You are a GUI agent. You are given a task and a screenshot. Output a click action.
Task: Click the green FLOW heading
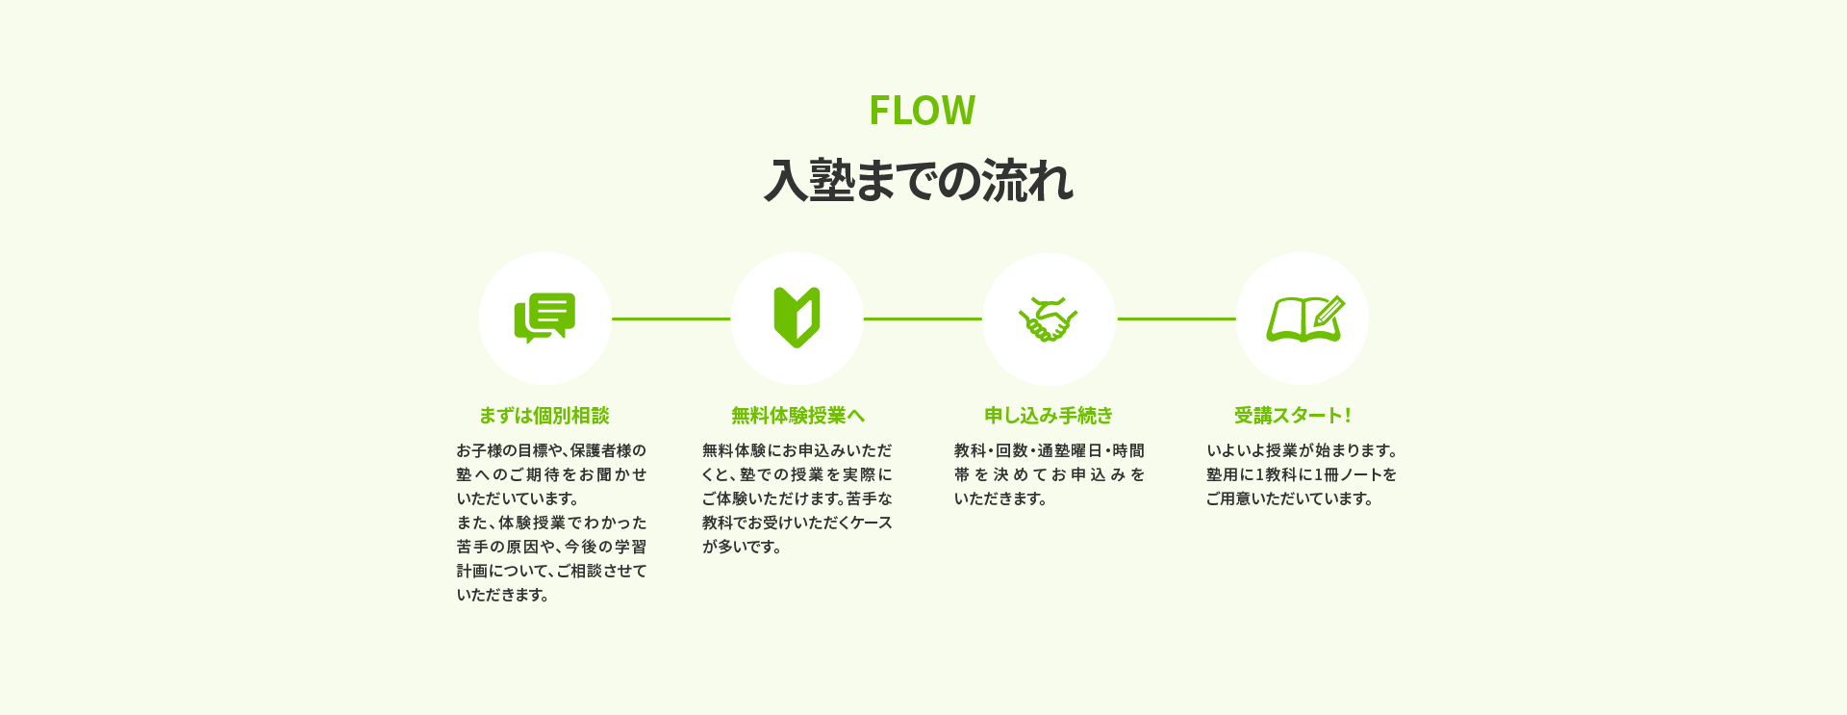922,110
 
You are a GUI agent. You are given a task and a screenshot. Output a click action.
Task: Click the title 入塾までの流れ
919,180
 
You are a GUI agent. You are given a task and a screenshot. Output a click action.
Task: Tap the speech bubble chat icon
544,318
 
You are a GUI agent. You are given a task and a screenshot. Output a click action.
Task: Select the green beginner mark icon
797,318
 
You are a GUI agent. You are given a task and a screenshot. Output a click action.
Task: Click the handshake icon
1049,319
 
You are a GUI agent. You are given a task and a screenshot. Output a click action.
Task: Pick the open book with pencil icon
1304,319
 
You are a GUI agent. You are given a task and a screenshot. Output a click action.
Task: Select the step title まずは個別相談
544,416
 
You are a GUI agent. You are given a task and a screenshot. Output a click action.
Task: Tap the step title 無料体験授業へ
797,416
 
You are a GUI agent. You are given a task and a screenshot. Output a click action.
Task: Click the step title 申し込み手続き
1049,416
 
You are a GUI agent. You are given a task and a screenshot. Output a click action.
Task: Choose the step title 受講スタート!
1293,416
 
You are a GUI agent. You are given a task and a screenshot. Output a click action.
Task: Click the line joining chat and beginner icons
671,319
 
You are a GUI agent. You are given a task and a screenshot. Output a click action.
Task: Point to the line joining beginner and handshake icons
923,319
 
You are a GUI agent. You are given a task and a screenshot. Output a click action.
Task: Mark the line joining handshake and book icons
1177,319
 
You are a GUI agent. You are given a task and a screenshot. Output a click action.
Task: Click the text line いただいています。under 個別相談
519,498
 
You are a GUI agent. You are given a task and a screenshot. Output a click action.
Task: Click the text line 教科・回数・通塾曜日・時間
1050,450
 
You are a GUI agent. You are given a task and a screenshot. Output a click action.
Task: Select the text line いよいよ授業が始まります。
1303,450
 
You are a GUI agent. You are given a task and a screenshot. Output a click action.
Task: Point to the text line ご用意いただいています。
1290,498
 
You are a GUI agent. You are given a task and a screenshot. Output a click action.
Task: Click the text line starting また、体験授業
552,523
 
